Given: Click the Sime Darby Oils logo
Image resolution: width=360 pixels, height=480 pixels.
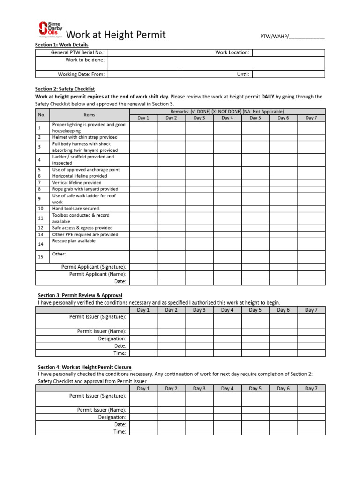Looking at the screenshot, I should coord(50,30).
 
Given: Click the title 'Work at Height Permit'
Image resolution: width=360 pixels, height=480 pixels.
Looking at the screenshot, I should coord(116,35).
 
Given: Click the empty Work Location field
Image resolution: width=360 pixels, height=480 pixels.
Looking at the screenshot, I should coord(289,52).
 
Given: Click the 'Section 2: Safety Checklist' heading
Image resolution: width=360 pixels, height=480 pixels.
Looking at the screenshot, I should coord(65,89).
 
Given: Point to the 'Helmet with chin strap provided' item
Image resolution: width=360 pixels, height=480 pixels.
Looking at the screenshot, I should coord(85,137).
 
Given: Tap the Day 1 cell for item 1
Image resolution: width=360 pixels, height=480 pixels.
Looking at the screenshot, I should coord(143,127).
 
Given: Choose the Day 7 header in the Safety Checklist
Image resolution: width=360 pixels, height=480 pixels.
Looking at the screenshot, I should coord(311,118).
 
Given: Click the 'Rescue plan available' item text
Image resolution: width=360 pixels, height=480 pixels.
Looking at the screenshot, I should coord(74,241).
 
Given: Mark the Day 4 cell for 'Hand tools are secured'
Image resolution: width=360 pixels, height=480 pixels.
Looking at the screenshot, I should coord(227,208).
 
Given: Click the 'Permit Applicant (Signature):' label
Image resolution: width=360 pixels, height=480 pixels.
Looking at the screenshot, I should coord(94,267).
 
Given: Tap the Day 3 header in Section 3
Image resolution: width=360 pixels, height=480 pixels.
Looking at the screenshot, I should coord(199,310).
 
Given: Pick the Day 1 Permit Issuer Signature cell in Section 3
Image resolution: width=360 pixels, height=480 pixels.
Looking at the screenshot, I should coord(143,320).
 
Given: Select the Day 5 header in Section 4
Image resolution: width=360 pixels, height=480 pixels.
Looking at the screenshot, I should coord(255,389).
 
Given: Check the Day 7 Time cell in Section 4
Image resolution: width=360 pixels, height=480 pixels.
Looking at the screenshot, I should coord(311,432).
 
